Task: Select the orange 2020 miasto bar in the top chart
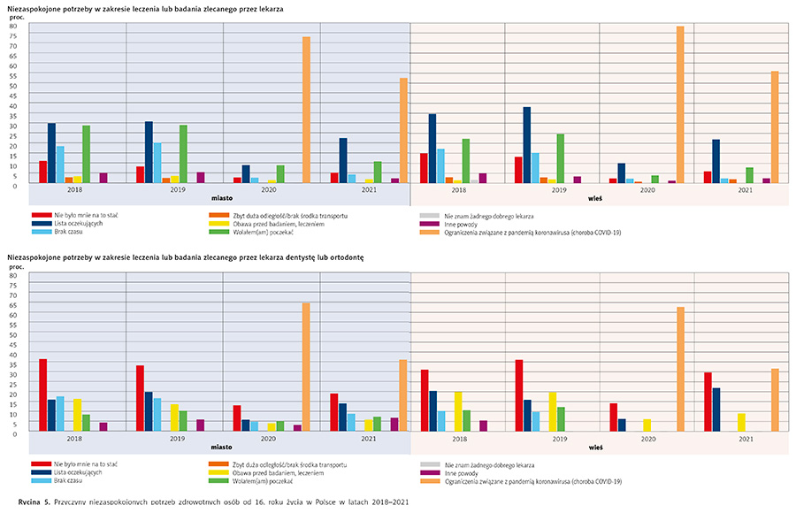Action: pyautogui.click(x=306, y=111)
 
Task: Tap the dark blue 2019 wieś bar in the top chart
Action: pyautogui.click(x=527, y=145)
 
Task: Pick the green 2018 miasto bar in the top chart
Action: pyautogui.click(x=86, y=154)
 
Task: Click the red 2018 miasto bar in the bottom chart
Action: pyautogui.click(x=42, y=394)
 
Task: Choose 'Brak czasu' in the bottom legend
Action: pyautogui.click(x=69, y=481)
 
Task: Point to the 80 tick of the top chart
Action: pyautogui.click(x=13, y=27)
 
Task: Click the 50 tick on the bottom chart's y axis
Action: pyautogui.click(x=13, y=334)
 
